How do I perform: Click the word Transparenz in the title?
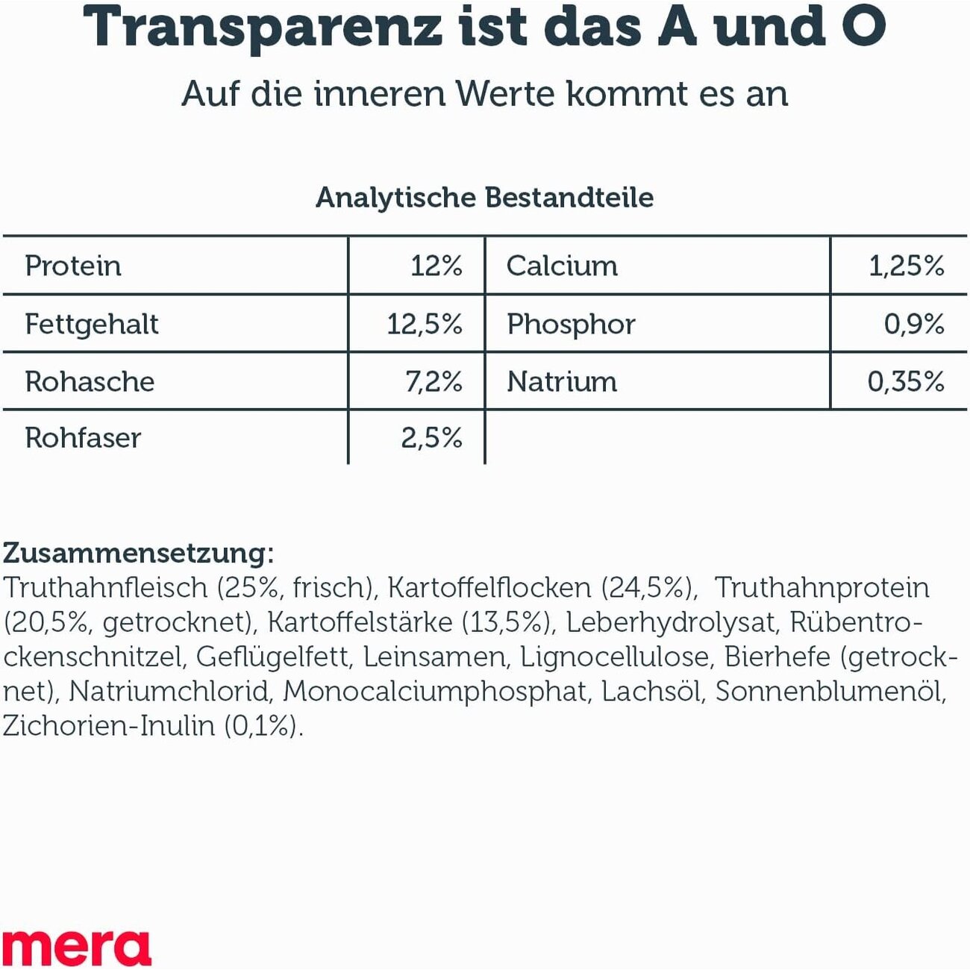pyautogui.click(x=262, y=28)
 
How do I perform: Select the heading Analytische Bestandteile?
pyautogui.click(x=484, y=198)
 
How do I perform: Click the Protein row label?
pyautogui.click(x=73, y=266)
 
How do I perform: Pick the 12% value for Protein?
pyautogui.click(x=436, y=266)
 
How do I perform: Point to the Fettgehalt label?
pyautogui.click(x=92, y=325)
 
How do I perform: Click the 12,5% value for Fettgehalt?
pyautogui.click(x=424, y=325)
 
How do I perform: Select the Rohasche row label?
pyautogui.click(x=90, y=382)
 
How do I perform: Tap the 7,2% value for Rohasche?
pyautogui.click(x=433, y=382)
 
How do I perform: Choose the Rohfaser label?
pyautogui.click(x=83, y=438)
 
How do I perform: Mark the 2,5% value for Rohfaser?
pyautogui.click(x=431, y=438)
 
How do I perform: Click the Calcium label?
pyautogui.click(x=562, y=266)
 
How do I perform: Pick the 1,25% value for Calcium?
pyautogui.click(x=906, y=266)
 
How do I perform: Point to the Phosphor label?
pyautogui.click(x=571, y=325)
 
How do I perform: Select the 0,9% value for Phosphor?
pyautogui.click(x=914, y=325)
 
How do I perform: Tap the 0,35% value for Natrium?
pyautogui.click(x=905, y=382)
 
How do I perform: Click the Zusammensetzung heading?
pyautogui.click(x=139, y=553)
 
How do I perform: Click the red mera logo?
pyautogui.click(x=76, y=948)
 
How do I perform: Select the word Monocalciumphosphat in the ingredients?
pyautogui.click(x=434, y=692)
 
